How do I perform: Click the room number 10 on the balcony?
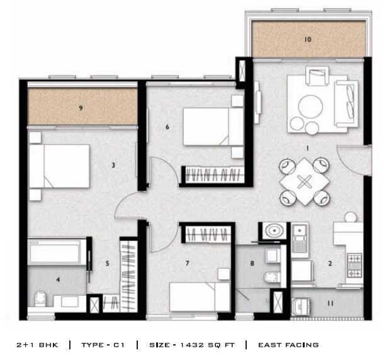click(x=307, y=40)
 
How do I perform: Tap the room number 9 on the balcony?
click(x=81, y=108)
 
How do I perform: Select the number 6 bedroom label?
click(x=167, y=127)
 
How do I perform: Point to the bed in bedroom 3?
click(x=60, y=166)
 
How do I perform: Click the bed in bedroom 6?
click(x=213, y=126)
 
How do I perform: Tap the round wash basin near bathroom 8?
click(x=274, y=233)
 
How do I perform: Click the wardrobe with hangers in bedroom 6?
click(x=212, y=174)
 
